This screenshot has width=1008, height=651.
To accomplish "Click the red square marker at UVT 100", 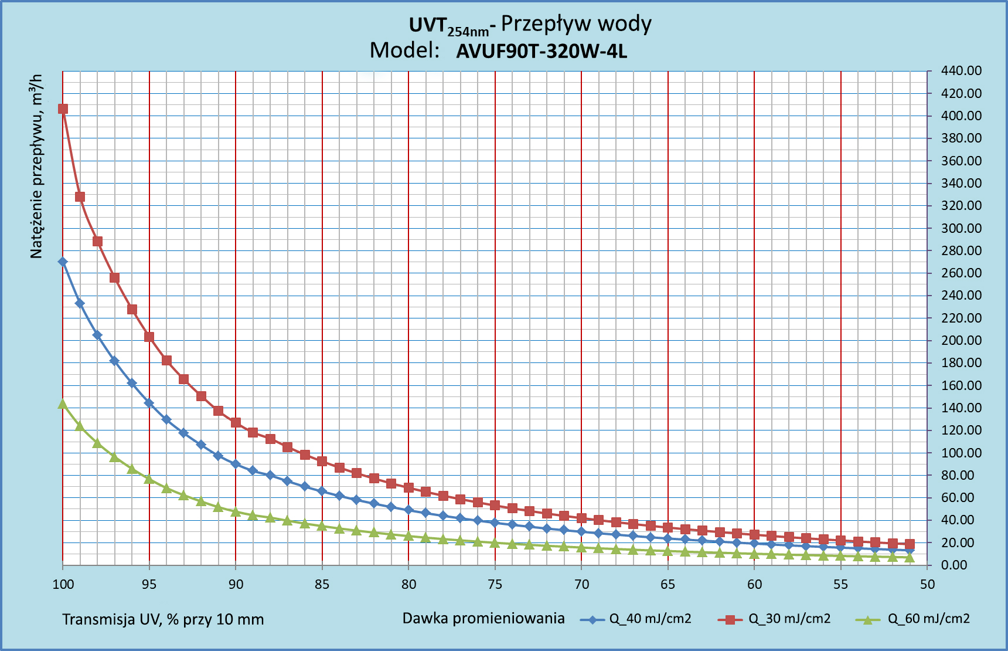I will tap(63, 108).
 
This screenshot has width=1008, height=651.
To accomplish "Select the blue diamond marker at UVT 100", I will tap(63, 262).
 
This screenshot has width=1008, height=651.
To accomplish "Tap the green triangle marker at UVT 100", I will tap(63, 404).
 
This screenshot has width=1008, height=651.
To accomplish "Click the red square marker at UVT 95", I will tap(149, 337).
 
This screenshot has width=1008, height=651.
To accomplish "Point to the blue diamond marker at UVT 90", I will tap(236, 464).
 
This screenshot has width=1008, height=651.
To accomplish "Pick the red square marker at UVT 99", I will tap(80, 196).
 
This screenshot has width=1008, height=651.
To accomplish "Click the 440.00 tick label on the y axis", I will tap(961, 71).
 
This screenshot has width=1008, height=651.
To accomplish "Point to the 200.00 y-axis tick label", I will tap(961, 340).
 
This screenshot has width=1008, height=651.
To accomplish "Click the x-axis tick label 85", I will tap(322, 584).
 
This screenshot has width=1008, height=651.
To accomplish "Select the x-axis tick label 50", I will tap(927, 584).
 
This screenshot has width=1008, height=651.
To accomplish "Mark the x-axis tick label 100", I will tap(63, 584).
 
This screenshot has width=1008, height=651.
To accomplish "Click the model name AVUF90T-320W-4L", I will tap(542, 52).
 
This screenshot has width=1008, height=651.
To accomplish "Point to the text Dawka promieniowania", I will tap(483, 618).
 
